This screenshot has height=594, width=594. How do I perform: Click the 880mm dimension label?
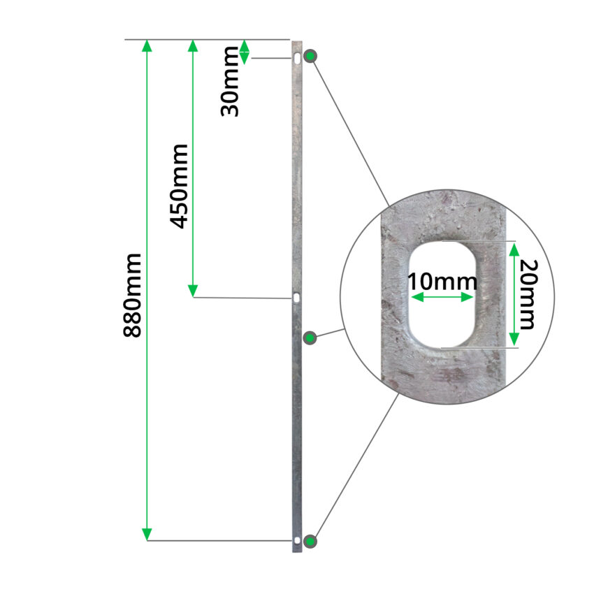point(133,296)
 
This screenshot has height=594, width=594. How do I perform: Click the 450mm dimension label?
point(178,187)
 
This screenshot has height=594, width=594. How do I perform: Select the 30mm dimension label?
point(230,82)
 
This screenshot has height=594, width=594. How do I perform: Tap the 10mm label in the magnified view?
point(442,282)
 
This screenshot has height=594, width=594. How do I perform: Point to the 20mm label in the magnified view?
point(528,294)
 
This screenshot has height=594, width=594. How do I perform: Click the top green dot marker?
point(310,57)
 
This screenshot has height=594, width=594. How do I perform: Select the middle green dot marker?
point(310,338)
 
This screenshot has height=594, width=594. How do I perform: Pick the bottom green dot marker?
point(310,541)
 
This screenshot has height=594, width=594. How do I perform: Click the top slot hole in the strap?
point(298,59)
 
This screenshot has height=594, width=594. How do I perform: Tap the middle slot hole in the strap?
point(296,298)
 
